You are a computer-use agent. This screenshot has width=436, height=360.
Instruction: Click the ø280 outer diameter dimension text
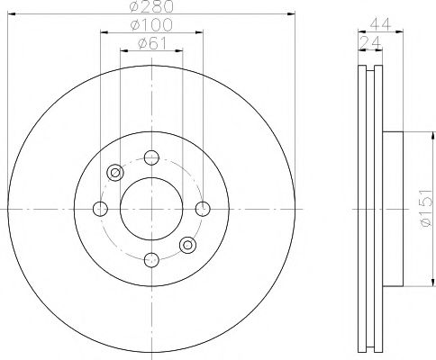pos(150,8)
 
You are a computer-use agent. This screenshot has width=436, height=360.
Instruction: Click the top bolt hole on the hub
pos(150,158)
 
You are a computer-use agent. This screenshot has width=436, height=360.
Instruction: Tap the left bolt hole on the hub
pos(100,209)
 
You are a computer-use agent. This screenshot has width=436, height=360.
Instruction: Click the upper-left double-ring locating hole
pos(114,173)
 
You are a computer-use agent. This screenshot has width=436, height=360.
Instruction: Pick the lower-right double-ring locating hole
pos(186,244)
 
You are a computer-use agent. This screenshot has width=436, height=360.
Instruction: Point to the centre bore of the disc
pos(150,209)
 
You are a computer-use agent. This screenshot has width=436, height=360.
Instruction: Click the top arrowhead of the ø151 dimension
pos(417,136)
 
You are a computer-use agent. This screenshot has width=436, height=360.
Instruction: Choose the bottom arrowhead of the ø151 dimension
pos(417,283)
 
